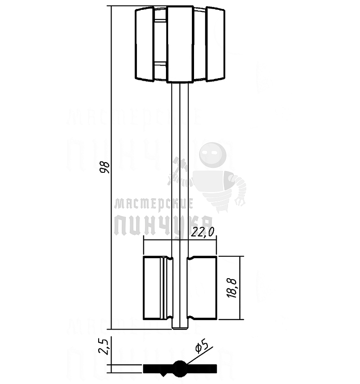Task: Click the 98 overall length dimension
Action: (x=105, y=167)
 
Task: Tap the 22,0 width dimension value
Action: (x=203, y=231)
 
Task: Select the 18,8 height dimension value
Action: (x=232, y=288)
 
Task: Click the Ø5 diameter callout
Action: (x=202, y=346)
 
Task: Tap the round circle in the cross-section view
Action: (x=179, y=368)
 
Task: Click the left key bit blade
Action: (x=154, y=288)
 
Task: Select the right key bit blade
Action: (x=202, y=288)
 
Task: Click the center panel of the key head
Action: (x=180, y=45)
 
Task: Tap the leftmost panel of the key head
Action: (x=145, y=45)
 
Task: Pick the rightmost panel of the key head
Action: (x=215, y=45)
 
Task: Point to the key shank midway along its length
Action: (x=180, y=170)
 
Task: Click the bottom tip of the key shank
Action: (x=180, y=327)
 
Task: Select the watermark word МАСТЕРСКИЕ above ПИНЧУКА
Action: (x=153, y=204)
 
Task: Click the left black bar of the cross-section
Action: (x=156, y=368)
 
